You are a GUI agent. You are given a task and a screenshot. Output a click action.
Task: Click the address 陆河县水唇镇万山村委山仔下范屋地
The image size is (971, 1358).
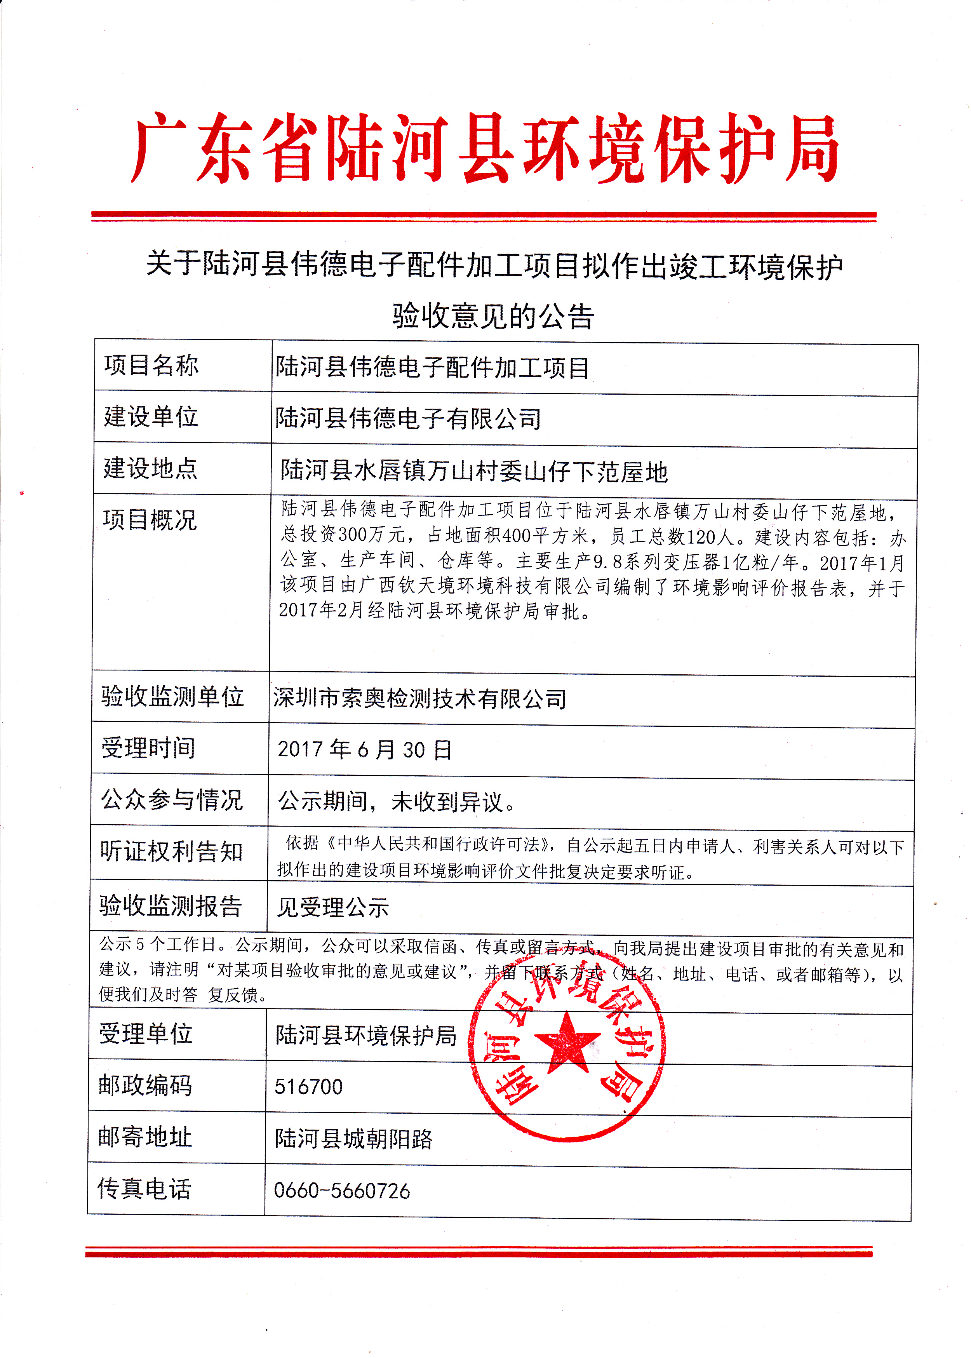[474, 471]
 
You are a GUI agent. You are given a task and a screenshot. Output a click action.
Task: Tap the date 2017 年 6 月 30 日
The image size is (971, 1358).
[365, 750]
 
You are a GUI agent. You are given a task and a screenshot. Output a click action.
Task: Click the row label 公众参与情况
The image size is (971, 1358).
[172, 799]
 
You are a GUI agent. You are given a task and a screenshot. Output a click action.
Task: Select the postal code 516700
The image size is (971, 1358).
[308, 1086]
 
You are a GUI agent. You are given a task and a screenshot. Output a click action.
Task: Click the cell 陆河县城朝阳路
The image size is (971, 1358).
[353, 1139]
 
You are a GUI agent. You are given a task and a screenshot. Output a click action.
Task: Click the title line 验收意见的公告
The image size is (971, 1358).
[493, 316]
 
